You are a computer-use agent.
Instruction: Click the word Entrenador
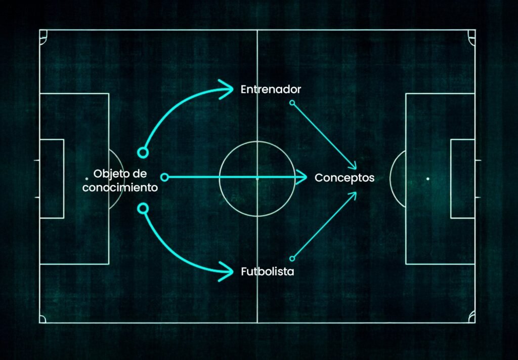tap(271, 89)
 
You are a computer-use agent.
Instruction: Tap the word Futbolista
tap(267, 271)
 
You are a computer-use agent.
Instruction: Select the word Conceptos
tap(344, 178)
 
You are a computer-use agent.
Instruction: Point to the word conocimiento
tap(120, 187)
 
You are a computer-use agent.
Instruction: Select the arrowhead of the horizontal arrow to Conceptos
tap(301, 177)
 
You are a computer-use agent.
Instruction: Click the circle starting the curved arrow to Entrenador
tap(143, 153)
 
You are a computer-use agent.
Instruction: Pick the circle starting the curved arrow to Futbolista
tap(143, 209)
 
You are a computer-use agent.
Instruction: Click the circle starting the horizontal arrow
tap(164, 178)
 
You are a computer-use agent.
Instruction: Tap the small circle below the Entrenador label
tap(292, 103)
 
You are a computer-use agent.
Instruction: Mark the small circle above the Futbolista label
tap(292, 259)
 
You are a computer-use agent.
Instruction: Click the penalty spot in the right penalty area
tap(428, 179)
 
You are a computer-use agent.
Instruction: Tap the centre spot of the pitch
tap(257, 179)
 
